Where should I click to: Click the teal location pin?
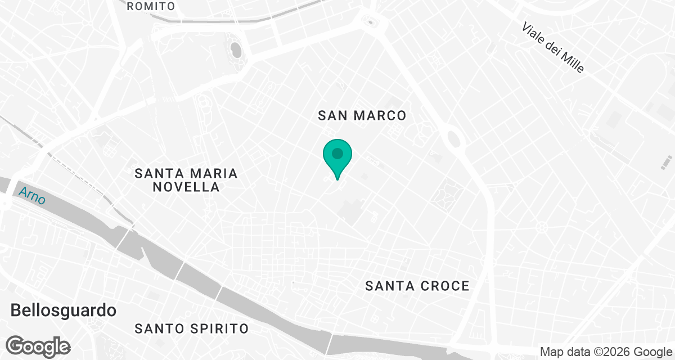coord(337,158)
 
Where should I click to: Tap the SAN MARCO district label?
coord(362,116)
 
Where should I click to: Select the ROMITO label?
coord(151,7)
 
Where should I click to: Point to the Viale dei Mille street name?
coord(553,47)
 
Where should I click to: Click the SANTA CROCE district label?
coord(417,286)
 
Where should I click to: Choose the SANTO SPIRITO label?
coord(191,328)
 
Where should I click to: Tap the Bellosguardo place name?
coord(64,310)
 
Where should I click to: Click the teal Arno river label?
coord(33,196)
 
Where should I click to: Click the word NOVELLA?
coord(186,187)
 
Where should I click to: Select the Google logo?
coord(38,346)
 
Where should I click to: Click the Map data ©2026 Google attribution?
coord(605,352)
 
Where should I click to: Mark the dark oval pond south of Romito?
coord(236,51)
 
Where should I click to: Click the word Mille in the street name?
coord(572,61)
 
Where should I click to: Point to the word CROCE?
coord(444,286)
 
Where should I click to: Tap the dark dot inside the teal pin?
coord(337,152)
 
